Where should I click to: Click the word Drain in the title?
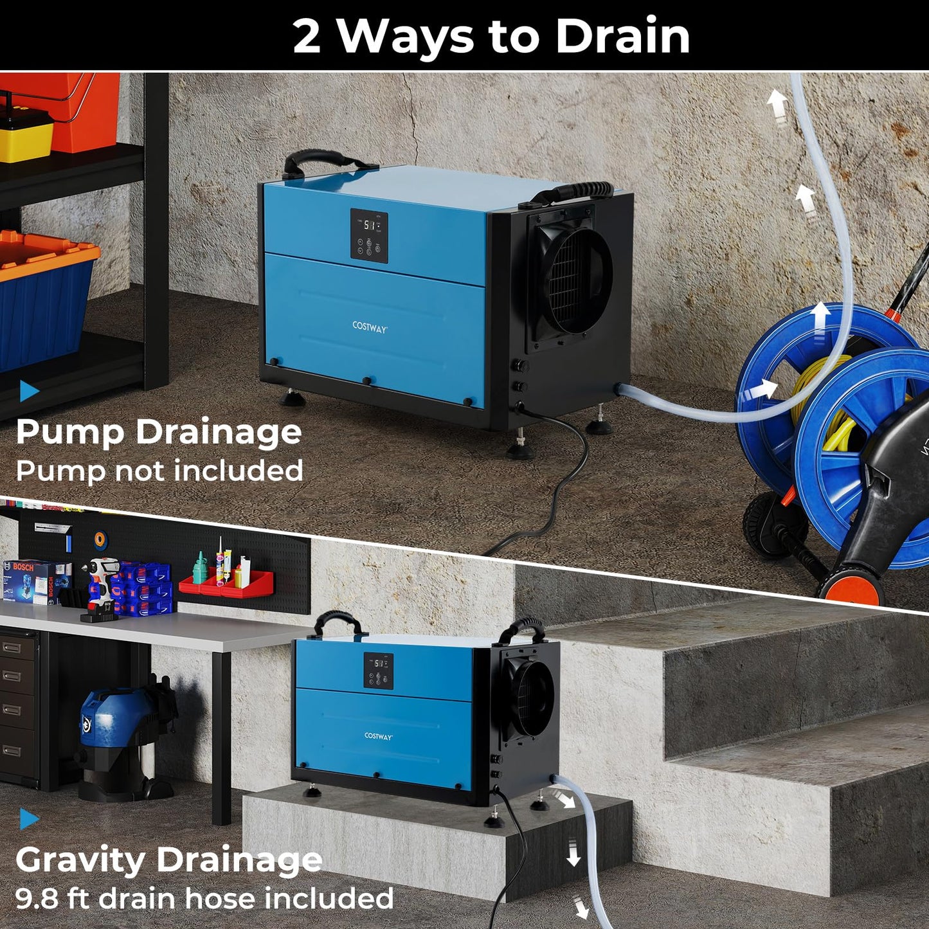tap(622, 36)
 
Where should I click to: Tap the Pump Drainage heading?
tap(159, 433)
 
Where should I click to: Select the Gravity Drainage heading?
tap(168, 860)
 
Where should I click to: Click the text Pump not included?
tap(159, 471)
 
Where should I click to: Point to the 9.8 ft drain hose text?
tap(204, 898)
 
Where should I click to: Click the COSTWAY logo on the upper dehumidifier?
tap(370, 327)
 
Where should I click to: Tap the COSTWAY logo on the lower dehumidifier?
tap(378, 736)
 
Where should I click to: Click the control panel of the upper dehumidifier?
tap(369, 235)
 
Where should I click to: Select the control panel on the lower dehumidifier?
tap(379, 671)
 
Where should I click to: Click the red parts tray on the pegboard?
tap(225, 584)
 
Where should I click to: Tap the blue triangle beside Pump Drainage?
tap(29, 390)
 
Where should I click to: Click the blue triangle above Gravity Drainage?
tap(29, 818)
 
